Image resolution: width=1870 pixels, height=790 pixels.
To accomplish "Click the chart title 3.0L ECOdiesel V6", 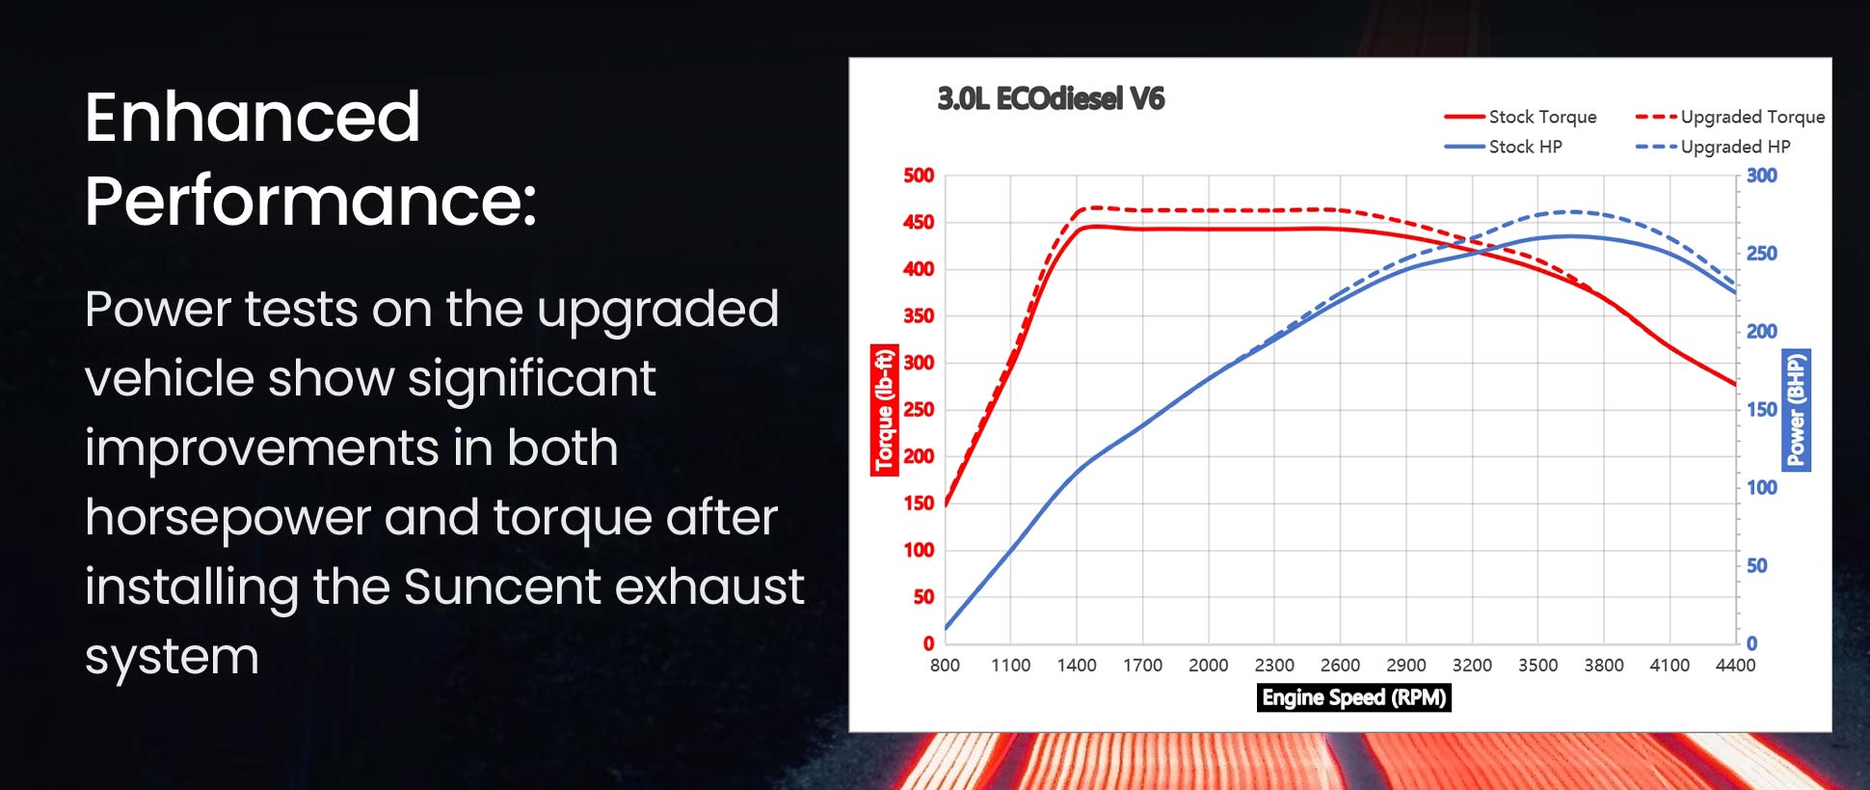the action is (1051, 98).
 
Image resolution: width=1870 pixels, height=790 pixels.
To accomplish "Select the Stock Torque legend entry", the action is (1520, 117).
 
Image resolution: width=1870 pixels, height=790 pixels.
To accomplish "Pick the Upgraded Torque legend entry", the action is (1730, 117).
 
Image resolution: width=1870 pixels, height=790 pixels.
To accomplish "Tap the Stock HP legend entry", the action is (1503, 147).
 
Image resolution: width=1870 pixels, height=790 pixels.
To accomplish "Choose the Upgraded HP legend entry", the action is (1713, 147).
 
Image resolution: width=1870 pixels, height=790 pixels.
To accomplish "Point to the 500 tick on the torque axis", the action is (919, 176).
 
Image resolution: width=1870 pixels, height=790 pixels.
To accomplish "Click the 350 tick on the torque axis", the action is (919, 315).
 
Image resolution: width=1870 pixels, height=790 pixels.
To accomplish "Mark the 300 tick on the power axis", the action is (1762, 176).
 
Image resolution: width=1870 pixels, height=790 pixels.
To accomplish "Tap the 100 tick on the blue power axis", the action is (1762, 487).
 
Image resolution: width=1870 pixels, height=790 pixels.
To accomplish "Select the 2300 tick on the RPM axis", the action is (1274, 666).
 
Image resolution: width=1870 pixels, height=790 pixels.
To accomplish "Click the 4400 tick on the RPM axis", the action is (1735, 666).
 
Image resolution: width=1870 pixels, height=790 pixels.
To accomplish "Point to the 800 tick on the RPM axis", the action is (945, 666).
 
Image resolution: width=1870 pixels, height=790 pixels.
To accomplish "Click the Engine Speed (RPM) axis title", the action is (1354, 697).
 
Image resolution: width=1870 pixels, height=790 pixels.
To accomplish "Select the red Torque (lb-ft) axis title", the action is (884, 410).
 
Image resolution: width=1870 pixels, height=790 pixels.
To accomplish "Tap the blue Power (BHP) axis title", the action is (1797, 410).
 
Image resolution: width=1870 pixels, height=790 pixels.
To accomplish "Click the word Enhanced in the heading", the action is (253, 118).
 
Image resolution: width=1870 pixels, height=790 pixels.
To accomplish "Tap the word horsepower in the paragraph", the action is (227, 519).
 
